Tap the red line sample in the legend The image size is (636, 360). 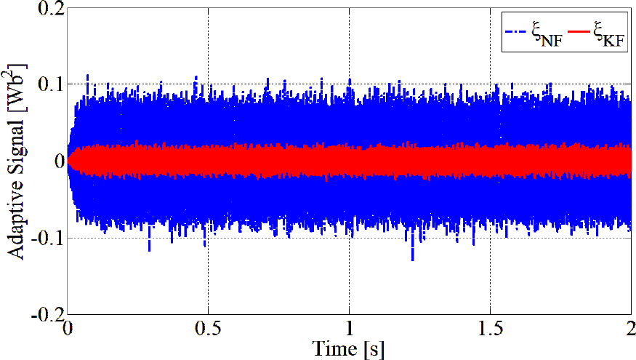(581, 31)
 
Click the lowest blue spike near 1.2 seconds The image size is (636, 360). (413, 259)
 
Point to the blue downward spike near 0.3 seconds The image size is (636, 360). (149, 249)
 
